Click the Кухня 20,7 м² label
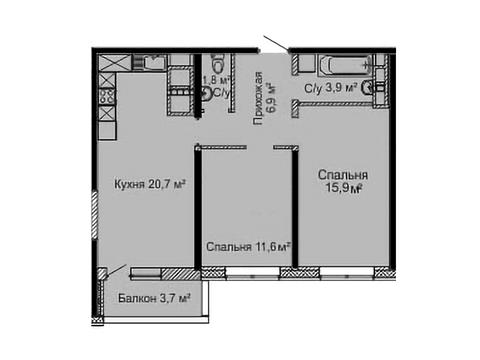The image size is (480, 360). pyautogui.click(x=149, y=184)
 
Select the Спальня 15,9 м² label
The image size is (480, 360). pyautogui.click(x=343, y=181)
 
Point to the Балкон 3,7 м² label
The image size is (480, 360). pyautogui.click(x=154, y=298)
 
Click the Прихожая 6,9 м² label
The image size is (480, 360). pyautogui.click(x=265, y=98)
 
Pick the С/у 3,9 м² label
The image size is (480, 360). pyautogui.click(x=331, y=88)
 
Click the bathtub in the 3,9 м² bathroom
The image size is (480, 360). pyautogui.click(x=346, y=64)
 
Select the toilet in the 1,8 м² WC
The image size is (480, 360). pyautogui.click(x=219, y=63)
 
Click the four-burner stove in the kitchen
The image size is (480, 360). pyautogui.click(x=107, y=96)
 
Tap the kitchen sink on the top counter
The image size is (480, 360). pyautogui.click(x=154, y=62)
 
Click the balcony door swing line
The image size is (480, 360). pyautogui.click(x=116, y=270)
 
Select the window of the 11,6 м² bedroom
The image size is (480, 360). pyautogui.click(x=253, y=273)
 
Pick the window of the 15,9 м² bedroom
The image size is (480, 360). pyautogui.click(x=347, y=273)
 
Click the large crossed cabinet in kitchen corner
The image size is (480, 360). pyautogui.click(x=114, y=63)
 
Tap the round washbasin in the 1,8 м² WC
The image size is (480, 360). pyautogui.click(x=207, y=93)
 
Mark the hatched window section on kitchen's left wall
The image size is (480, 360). pyautogui.click(x=95, y=214)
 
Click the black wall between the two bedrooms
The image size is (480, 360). pyautogui.click(x=295, y=208)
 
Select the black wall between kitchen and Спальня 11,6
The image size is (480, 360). pyautogui.click(x=198, y=208)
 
